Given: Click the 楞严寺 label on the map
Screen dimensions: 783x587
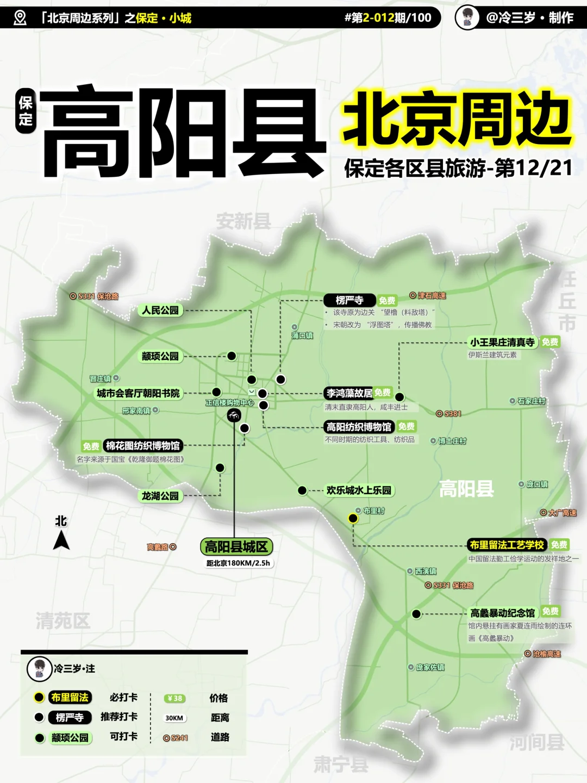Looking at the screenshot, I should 349,300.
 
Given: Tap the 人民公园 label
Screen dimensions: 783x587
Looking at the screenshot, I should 160,310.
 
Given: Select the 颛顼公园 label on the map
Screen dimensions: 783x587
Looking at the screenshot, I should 160,356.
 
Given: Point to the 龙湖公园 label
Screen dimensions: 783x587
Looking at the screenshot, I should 160,496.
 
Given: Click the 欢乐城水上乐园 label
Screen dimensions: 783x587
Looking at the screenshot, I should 359,490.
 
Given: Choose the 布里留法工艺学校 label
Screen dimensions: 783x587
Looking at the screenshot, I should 507,545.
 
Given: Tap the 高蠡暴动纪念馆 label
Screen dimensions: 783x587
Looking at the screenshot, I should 503,613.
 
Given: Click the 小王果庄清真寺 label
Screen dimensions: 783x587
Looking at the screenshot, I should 502,342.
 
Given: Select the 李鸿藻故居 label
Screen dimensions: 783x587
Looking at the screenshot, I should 349,393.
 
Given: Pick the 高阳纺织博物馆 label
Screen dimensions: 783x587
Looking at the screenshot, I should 359,427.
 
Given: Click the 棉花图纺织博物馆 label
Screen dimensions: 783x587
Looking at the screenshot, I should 142,446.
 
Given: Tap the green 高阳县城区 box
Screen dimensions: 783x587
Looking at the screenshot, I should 236,546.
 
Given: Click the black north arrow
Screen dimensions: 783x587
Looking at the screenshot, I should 61,540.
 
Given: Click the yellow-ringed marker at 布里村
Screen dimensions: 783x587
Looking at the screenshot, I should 353,518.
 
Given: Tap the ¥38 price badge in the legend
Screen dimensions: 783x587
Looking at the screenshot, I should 174,698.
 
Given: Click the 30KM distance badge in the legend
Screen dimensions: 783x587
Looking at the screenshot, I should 174,718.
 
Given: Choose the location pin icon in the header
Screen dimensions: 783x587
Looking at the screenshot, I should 20,18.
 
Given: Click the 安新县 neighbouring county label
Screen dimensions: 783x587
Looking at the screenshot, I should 243,221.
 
